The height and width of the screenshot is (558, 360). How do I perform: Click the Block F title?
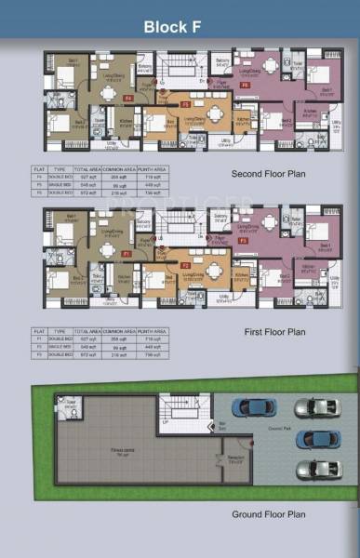[x=180, y=28]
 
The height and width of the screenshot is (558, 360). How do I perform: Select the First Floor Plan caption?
[x=270, y=331]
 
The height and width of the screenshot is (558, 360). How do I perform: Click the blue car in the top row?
[x=251, y=406]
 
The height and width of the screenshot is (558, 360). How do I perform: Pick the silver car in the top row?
[x=313, y=407]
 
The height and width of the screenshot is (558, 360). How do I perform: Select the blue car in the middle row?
[x=313, y=437]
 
